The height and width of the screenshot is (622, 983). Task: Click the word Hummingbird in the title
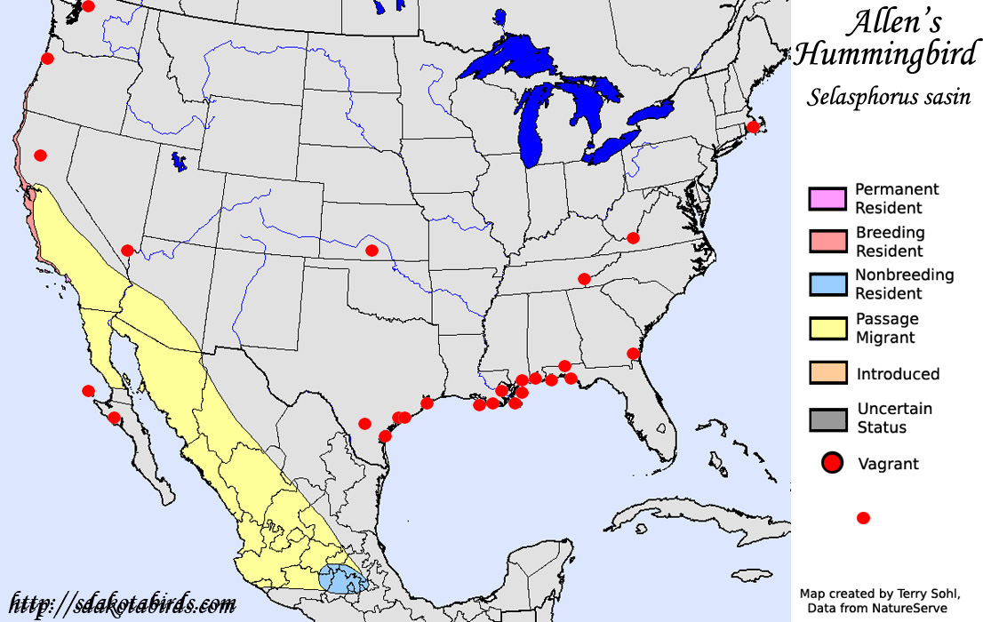point(883,56)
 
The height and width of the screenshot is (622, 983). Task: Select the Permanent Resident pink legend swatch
point(827,198)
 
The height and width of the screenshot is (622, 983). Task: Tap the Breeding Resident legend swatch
point(827,241)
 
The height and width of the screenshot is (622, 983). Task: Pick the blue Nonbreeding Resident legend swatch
point(827,283)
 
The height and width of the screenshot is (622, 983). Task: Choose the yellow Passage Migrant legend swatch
point(827,327)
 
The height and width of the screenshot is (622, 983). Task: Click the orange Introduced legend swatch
point(827,373)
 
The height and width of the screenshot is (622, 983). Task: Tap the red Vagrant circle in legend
point(833,463)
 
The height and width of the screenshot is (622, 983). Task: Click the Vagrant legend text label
point(888,463)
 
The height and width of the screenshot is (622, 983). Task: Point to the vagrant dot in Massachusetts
point(753,127)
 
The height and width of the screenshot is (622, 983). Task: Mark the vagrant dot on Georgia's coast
point(633,353)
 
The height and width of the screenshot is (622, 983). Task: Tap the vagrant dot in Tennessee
point(584,278)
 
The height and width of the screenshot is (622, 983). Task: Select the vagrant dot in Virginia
point(633,237)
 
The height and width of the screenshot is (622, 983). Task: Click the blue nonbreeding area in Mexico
point(342,578)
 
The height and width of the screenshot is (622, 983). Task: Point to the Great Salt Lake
point(180,162)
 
